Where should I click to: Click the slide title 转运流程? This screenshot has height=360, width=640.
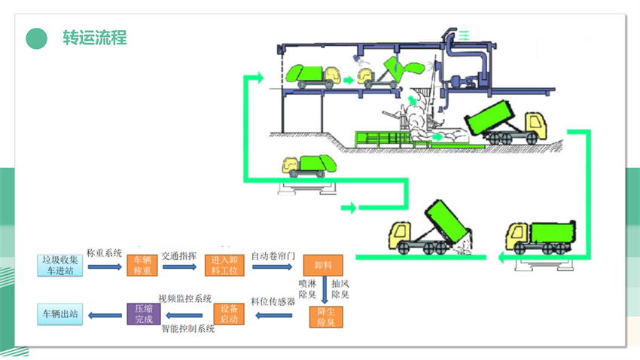click(94, 38)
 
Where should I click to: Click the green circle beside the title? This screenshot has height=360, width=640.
click(37, 38)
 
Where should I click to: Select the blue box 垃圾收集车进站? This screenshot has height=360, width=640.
click(59, 265)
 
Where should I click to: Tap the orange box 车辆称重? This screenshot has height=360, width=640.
click(142, 265)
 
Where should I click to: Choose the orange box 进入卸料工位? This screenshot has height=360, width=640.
click(224, 265)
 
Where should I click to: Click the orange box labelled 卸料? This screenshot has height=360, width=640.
click(323, 265)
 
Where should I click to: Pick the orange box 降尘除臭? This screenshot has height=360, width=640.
click(326, 316)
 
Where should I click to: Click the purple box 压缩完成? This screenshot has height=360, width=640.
click(142, 313)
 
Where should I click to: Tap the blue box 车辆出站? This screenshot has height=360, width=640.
click(59, 313)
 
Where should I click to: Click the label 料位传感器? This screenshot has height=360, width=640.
click(273, 302)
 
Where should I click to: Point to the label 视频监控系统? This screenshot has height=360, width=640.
click(184, 297)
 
